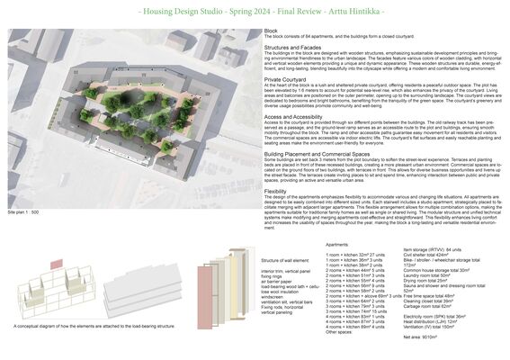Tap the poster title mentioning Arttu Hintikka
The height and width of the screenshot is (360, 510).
255,12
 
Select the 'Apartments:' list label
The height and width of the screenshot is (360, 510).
336,244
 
